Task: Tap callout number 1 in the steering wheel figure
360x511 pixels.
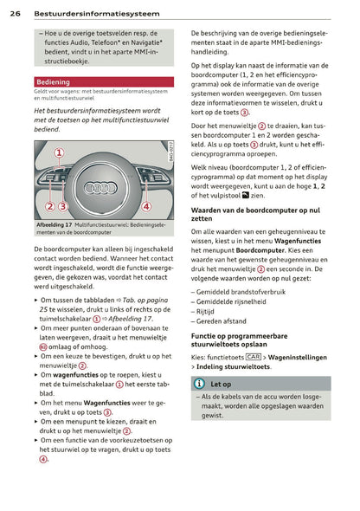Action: click(60, 152)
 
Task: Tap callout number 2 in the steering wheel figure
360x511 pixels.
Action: click(50, 206)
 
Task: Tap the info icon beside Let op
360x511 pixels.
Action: click(200, 383)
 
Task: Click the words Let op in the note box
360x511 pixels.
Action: click(222, 383)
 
